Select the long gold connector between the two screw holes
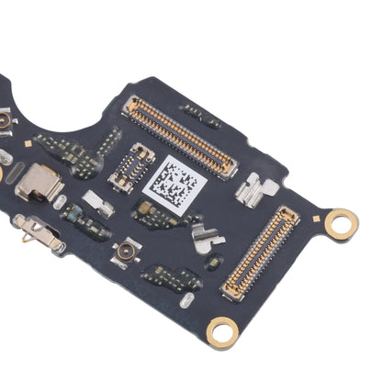(260, 253)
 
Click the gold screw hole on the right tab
(341, 220)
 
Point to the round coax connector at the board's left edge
(4, 119)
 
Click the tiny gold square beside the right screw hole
(316, 219)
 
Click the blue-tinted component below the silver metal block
(71, 212)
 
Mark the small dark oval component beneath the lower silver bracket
(213, 264)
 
